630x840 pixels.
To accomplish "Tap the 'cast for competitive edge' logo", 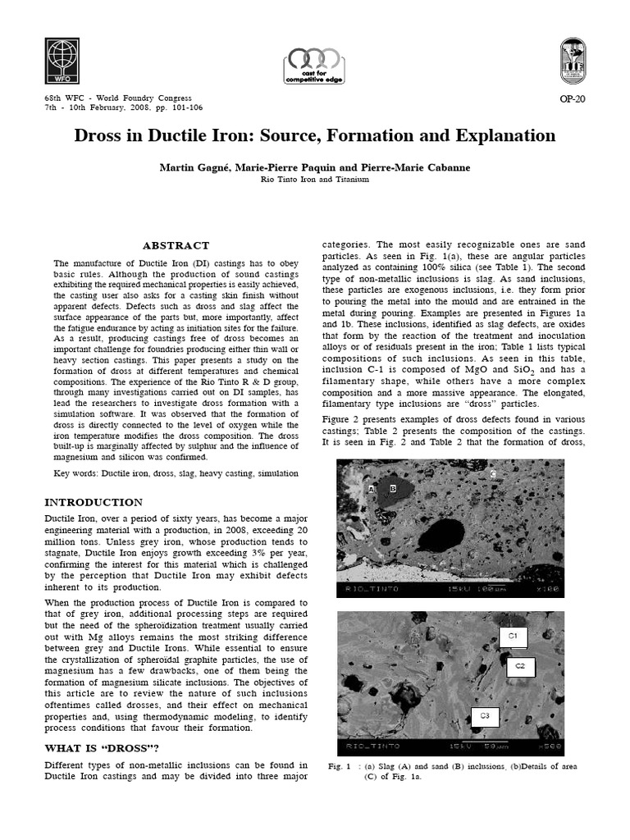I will (x=315, y=66).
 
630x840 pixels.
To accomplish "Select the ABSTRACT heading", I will (x=176, y=245).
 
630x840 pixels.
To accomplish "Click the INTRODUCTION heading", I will (x=93, y=502).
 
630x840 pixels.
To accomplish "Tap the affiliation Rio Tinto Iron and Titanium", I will (x=314, y=179).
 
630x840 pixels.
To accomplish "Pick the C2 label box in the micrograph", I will (x=519, y=667).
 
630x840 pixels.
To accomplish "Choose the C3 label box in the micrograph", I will (x=485, y=716).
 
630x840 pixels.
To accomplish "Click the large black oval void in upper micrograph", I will (x=441, y=536).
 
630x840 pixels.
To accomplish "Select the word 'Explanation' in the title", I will (x=496, y=135).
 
